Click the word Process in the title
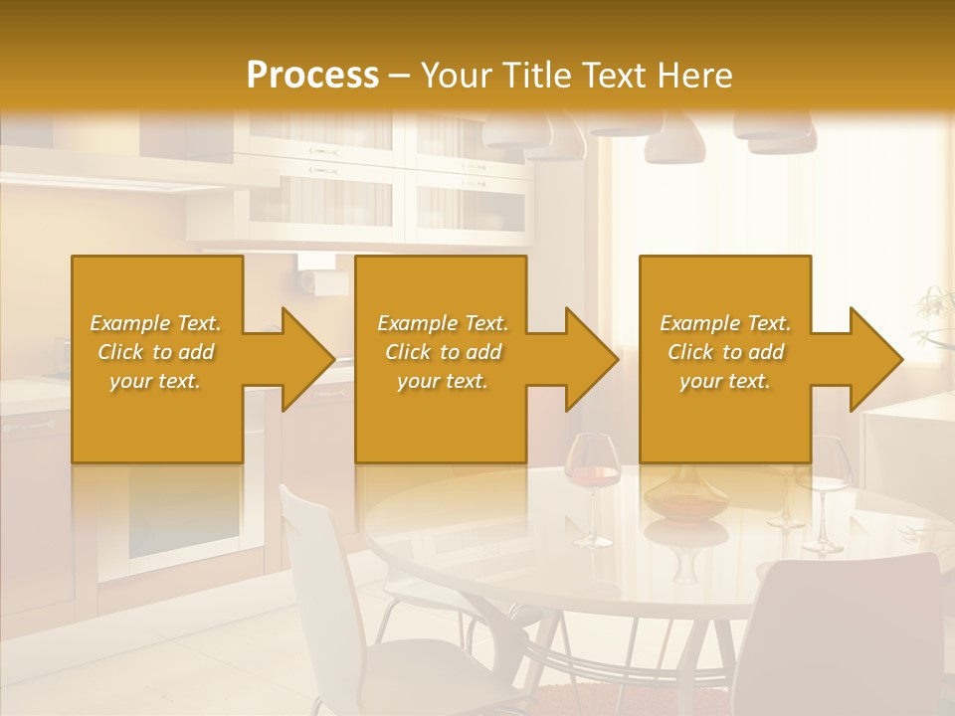click(x=312, y=75)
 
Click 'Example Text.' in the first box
click(x=155, y=323)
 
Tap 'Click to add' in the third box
click(x=726, y=352)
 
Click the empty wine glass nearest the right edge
click(x=823, y=492)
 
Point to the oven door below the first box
click(x=184, y=517)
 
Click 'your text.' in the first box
click(x=155, y=381)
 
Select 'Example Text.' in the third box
click(x=725, y=323)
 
